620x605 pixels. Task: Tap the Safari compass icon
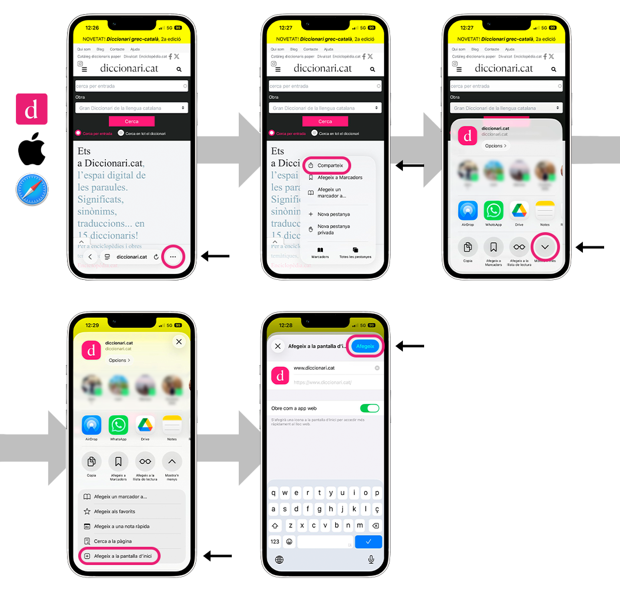[32, 190]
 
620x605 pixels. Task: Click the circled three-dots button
[172, 257]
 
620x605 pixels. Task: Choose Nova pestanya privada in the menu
[334, 229]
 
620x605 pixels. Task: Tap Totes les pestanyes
[355, 252]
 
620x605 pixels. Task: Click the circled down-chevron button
[545, 247]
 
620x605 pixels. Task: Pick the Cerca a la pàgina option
[112, 541]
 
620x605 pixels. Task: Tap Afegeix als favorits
[114, 512]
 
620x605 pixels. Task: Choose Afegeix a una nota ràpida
[121, 526]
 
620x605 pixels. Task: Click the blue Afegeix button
[365, 346]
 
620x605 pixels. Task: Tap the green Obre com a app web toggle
[369, 408]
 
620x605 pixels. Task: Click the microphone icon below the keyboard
[371, 559]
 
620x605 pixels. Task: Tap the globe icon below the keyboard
[279, 559]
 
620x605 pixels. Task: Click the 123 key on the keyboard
[275, 542]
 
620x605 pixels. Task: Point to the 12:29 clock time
[92, 325]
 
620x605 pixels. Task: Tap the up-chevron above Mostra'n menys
[172, 462]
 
